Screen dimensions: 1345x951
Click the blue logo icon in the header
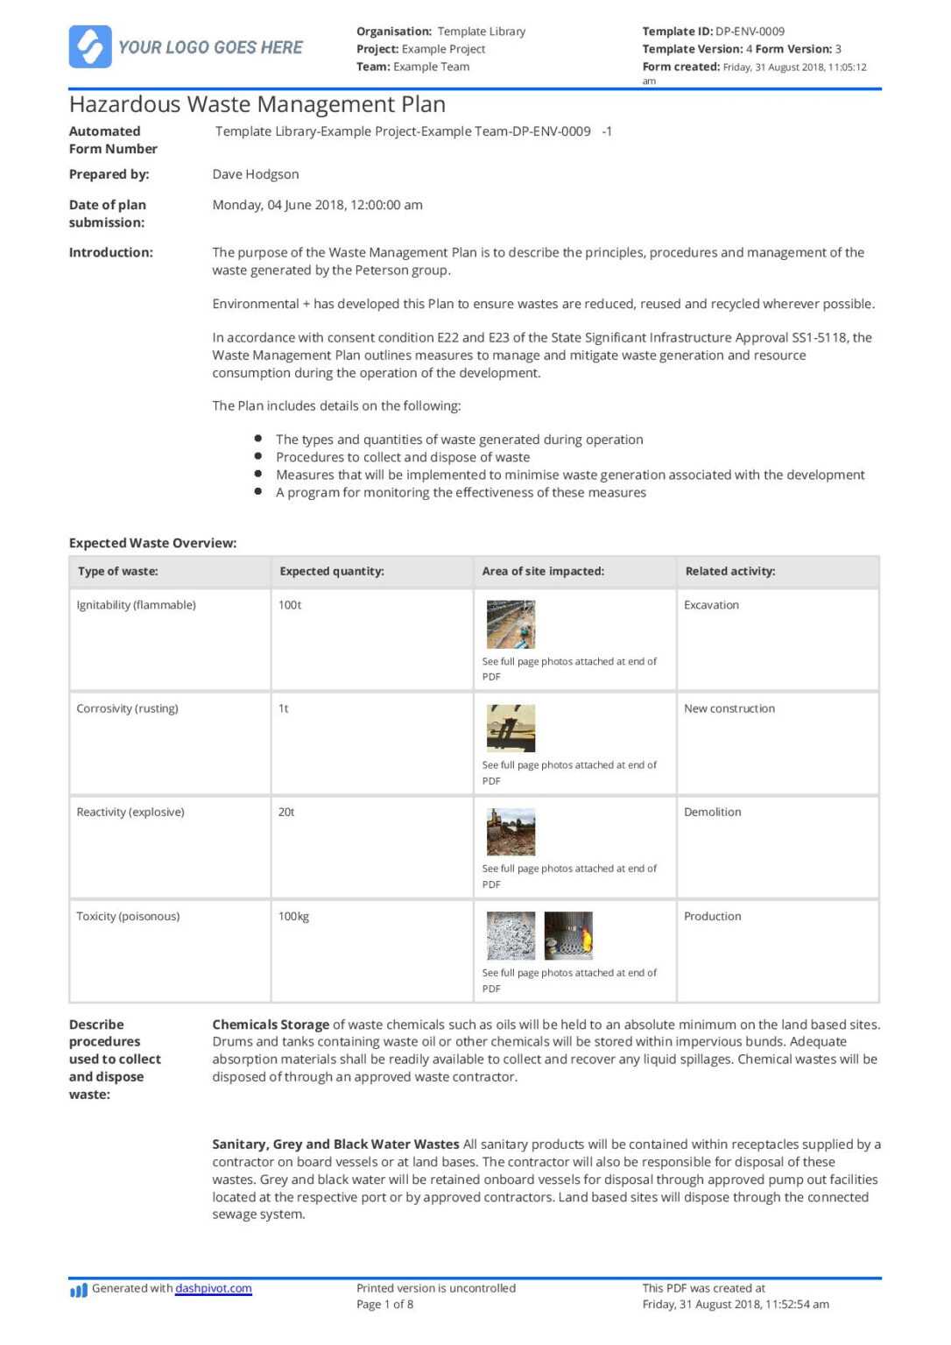tap(90, 46)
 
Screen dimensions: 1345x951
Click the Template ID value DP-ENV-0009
tap(750, 32)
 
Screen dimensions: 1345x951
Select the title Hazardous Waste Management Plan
tap(257, 105)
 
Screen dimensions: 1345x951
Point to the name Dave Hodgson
tap(256, 174)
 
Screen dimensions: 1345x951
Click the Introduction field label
tap(111, 252)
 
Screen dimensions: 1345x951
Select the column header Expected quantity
tap(332, 571)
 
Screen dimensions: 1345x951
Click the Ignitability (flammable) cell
tap(137, 605)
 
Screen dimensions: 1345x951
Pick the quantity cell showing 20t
tap(286, 813)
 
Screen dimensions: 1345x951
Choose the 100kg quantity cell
tap(293, 917)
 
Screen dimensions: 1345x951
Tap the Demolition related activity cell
tap(712, 813)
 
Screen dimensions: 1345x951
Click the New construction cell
tap(729, 708)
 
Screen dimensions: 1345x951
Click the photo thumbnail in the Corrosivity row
tap(511, 729)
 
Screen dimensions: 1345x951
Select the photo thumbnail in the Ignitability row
tap(511, 624)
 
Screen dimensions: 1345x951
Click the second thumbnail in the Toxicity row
tap(568, 936)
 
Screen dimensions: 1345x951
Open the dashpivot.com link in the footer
tap(214, 1288)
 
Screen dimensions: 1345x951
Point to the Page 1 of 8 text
tap(384, 1305)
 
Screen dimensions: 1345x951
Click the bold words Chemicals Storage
tap(271, 1025)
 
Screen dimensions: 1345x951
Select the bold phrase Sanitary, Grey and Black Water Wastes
tap(335, 1144)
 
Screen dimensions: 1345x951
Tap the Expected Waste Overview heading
tap(153, 543)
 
